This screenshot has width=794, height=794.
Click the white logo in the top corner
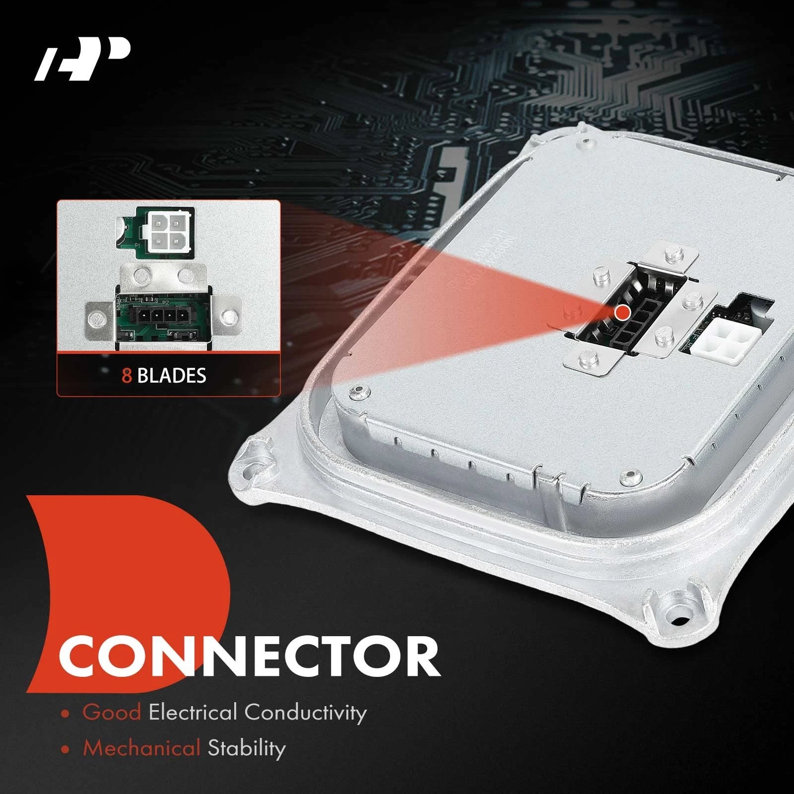(x=82, y=60)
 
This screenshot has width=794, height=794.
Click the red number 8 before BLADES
(x=127, y=376)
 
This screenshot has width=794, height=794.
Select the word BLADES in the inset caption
(x=172, y=376)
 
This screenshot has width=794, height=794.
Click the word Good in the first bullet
(x=112, y=712)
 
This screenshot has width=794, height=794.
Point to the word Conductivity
(x=306, y=713)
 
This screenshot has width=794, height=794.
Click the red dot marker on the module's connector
(x=622, y=313)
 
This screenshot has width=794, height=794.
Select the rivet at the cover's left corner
(x=358, y=393)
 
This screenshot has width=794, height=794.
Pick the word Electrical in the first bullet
(x=194, y=712)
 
